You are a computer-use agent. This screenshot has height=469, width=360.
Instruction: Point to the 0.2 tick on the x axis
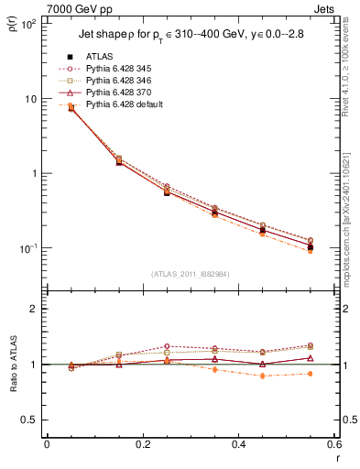(x=142, y=446)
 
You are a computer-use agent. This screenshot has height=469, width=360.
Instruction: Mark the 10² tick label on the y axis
(x=29, y=24)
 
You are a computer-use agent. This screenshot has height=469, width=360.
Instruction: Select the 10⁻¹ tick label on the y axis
(x=29, y=248)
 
